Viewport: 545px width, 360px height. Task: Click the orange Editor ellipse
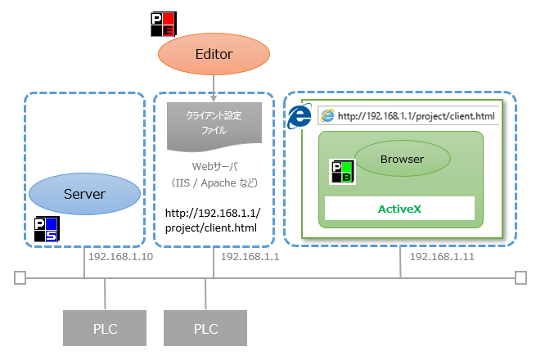click(x=214, y=54)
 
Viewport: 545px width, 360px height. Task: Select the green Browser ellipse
click(x=402, y=159)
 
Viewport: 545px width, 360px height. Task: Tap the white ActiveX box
click(x=399, y=209)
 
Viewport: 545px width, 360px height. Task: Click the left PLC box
click(x=105, y=329)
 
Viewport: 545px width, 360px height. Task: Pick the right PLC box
click(x=205, y=329)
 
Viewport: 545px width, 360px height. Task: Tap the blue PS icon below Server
click(x=45, y=229)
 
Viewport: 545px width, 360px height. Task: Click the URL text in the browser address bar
click(x=416, y=116)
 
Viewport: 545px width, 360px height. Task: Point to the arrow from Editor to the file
click(x=214, y=85)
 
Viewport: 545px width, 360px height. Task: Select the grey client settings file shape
click(x=214, y=124)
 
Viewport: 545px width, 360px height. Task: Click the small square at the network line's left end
click(x=20, y=278)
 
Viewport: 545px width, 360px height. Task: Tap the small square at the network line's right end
click(x=520, y=278)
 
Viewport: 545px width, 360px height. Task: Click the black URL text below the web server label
click(x=212, y=219)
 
